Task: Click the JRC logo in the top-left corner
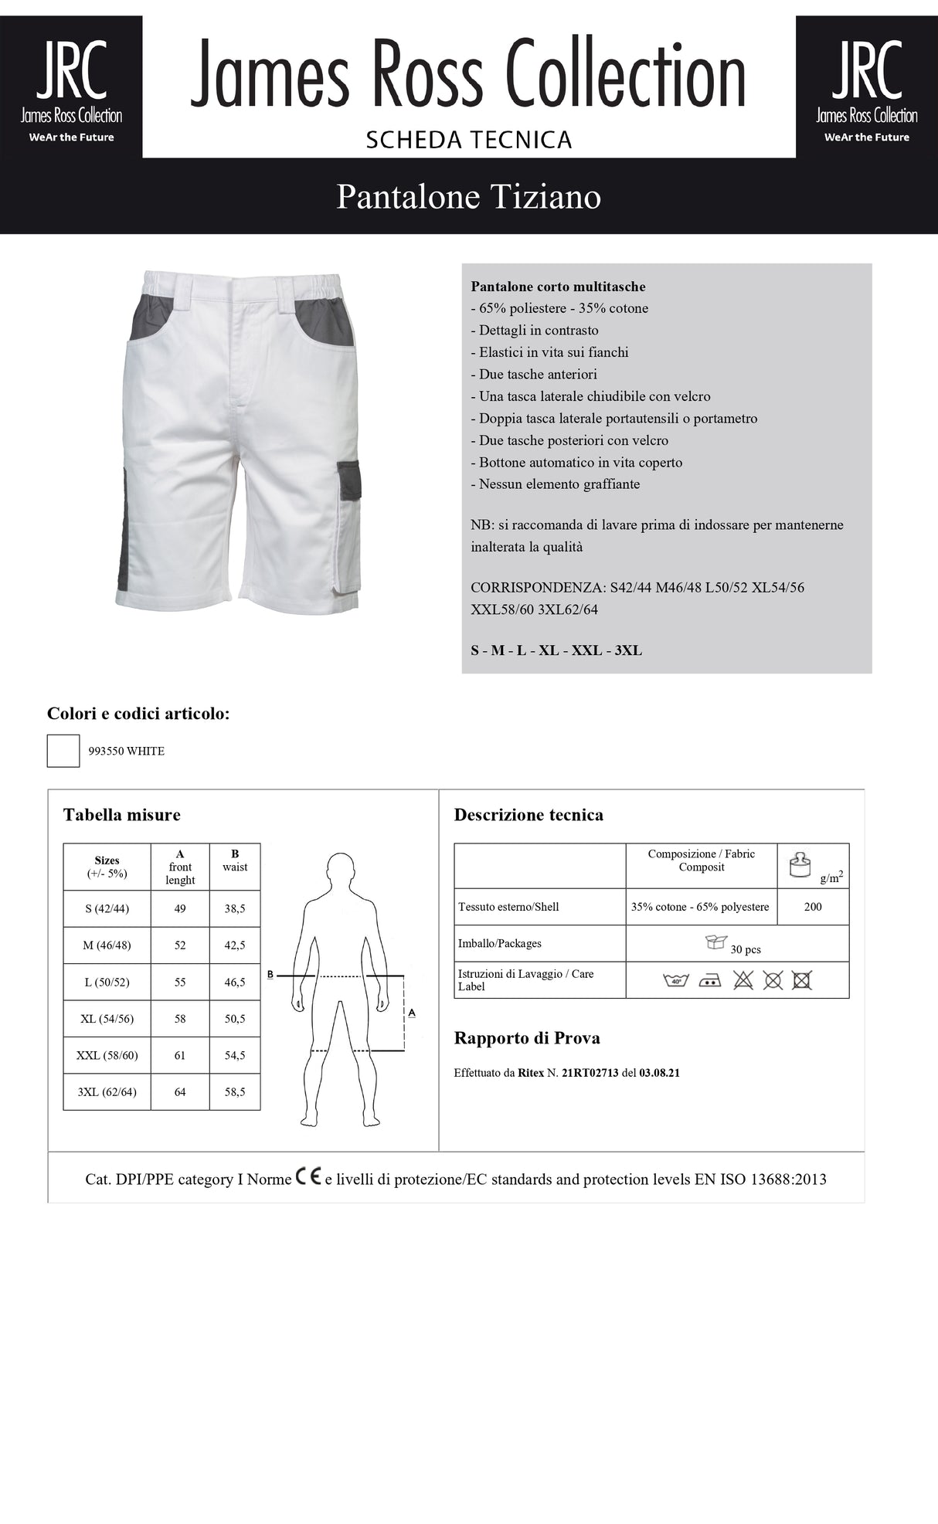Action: [71, 87]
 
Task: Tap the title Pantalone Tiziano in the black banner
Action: [468, 196]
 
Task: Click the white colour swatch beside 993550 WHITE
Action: [63, 751]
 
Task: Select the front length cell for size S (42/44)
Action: [180, 909]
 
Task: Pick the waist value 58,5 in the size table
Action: [235, 1092]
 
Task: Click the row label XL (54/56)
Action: [107, 1019]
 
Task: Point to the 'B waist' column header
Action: [235, 860]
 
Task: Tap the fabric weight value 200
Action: [813, 907]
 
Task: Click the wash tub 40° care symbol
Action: [676, 980]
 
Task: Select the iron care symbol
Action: [709, 980]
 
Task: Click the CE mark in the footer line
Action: [308, 1177]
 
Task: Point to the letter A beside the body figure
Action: [411, 1012]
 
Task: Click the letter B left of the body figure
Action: [270, 975]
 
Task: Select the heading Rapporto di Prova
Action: [527, 1038]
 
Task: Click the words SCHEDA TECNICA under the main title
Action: [468, 140]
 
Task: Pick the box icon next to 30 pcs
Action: [716, 942]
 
